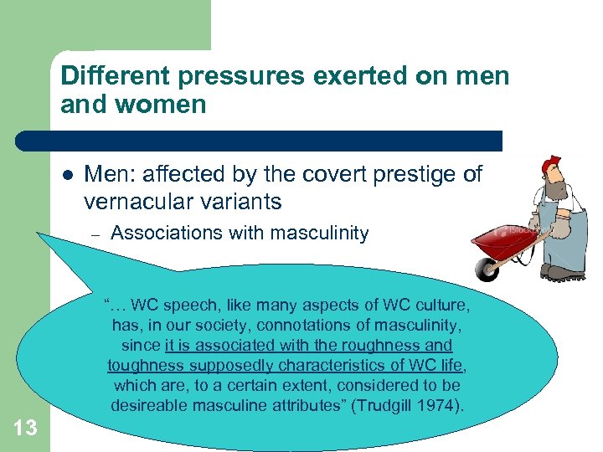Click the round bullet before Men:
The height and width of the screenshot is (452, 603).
[x=66, y=175]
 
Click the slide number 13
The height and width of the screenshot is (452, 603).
[x=25, y=428]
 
